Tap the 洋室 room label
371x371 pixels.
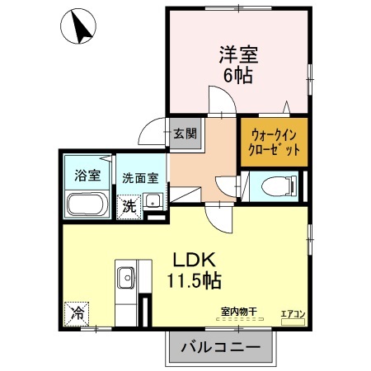237,55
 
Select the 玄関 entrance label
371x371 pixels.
185,133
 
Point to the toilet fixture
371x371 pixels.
273,185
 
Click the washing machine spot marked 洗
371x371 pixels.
129,206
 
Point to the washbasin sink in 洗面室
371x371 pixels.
153,201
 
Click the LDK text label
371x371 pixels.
191,257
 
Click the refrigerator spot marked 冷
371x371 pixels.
77,313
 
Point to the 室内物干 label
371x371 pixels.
238,312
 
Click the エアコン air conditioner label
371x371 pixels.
293,313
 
